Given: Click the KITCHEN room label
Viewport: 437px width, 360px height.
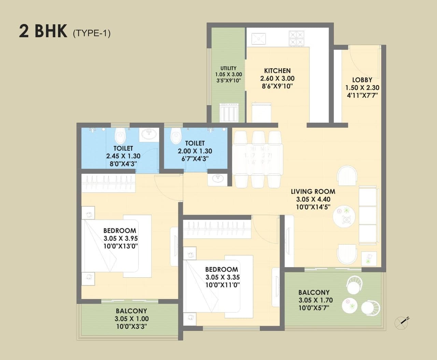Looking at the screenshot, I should coord(277,71).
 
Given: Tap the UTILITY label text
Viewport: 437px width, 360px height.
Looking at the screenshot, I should coord(228,68).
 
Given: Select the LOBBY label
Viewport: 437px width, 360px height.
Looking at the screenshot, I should coord(362,80).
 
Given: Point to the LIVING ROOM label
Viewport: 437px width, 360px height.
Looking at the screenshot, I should coord(313,192).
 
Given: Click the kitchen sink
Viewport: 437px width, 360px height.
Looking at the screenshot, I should coord(258,39).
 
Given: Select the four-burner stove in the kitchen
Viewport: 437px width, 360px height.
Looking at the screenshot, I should coord(296,39).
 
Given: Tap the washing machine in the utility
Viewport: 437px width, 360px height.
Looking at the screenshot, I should coord(228,113).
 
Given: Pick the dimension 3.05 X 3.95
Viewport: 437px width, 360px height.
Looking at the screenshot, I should coord(121,238).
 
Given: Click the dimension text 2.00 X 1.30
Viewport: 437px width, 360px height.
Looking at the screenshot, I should coord(195,151).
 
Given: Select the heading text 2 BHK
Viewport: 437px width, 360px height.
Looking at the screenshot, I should coord(43,31).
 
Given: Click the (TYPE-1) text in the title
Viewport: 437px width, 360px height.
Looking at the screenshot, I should coord(91,33).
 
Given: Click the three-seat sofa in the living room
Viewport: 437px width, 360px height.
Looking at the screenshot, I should coord(368,215).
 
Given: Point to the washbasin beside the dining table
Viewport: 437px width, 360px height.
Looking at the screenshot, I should coord(217,179).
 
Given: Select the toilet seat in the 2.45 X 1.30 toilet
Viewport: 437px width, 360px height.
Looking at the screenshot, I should coord(120,136).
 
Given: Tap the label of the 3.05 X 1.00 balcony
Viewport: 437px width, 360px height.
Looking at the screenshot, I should coord(131,311).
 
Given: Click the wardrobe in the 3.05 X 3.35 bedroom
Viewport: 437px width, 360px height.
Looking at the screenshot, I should coord(217,229).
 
